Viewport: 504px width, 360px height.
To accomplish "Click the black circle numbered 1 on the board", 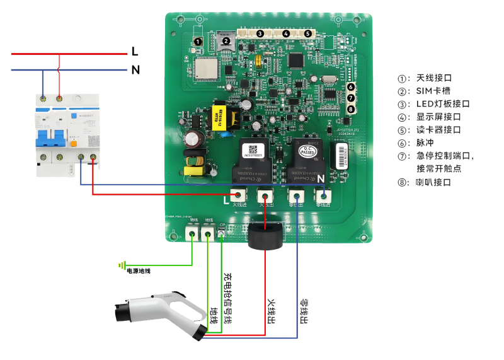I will click(198, 42).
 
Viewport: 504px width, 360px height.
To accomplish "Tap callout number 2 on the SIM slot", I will click(225, 41).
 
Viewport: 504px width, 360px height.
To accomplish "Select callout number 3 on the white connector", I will click(260, 33).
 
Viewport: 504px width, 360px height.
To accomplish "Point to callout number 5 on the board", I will click(308, 33).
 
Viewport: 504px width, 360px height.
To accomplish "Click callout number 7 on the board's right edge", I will click(351, 98).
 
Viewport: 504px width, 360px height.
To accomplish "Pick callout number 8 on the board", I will click(351, 109).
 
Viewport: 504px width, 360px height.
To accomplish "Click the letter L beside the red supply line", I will click(135, 50).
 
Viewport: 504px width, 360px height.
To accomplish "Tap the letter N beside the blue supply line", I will click(135, 69).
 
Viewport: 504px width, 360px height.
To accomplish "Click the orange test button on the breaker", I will click(74, 143).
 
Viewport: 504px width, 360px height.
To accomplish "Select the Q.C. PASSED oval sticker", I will click(307, 151).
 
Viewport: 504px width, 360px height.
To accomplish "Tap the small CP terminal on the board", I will click(221, 235).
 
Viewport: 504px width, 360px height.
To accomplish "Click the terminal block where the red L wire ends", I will click(238, 195).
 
